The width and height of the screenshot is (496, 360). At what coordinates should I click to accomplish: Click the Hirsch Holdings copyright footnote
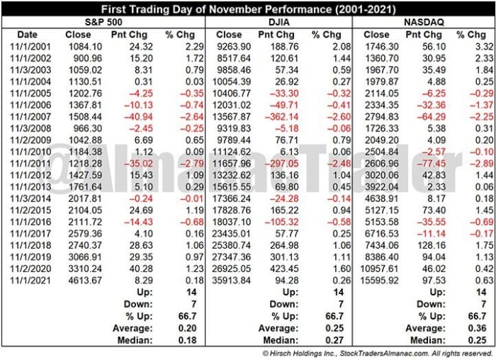[376, 352]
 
